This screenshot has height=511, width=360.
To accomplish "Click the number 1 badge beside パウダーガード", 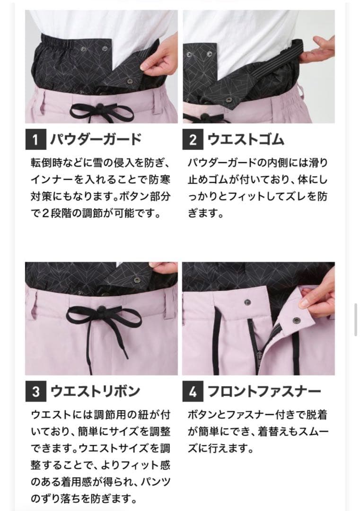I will [35, 140].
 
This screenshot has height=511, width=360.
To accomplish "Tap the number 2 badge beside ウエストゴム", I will [193, 140].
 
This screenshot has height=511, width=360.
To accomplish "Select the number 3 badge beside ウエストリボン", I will [35, 392].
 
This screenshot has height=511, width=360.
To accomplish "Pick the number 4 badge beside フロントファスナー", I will [193, 392].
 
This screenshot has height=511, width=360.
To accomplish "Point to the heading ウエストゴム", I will [246, 140].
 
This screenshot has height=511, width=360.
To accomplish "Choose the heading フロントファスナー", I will [264, 392].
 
